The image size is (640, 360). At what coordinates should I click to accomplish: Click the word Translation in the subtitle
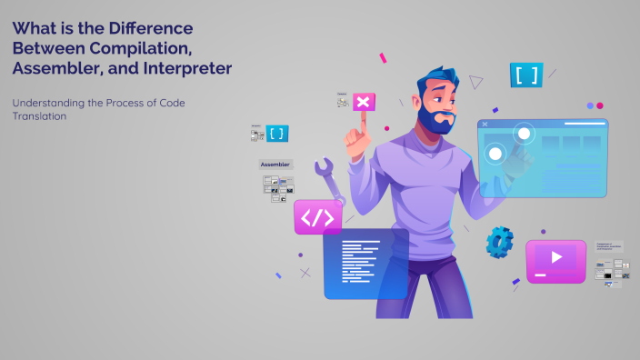pos(40,116)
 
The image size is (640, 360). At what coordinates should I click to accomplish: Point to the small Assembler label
pos(275,165)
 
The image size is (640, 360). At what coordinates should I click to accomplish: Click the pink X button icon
pos(363,102)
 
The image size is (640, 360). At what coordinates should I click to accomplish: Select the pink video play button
pos(555,259)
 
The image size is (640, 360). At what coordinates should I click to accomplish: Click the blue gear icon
pos(499,241)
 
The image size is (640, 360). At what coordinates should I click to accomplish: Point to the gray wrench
pos(329,182)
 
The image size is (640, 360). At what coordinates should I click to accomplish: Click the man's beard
pos(437,119)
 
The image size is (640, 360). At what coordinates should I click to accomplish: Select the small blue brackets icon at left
pos(277,134)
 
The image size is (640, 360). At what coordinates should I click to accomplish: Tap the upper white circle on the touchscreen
pos(524,135)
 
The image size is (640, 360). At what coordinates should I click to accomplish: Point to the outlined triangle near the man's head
pos(475,83)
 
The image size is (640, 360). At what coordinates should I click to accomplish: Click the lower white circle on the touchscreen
pos(495,153)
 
